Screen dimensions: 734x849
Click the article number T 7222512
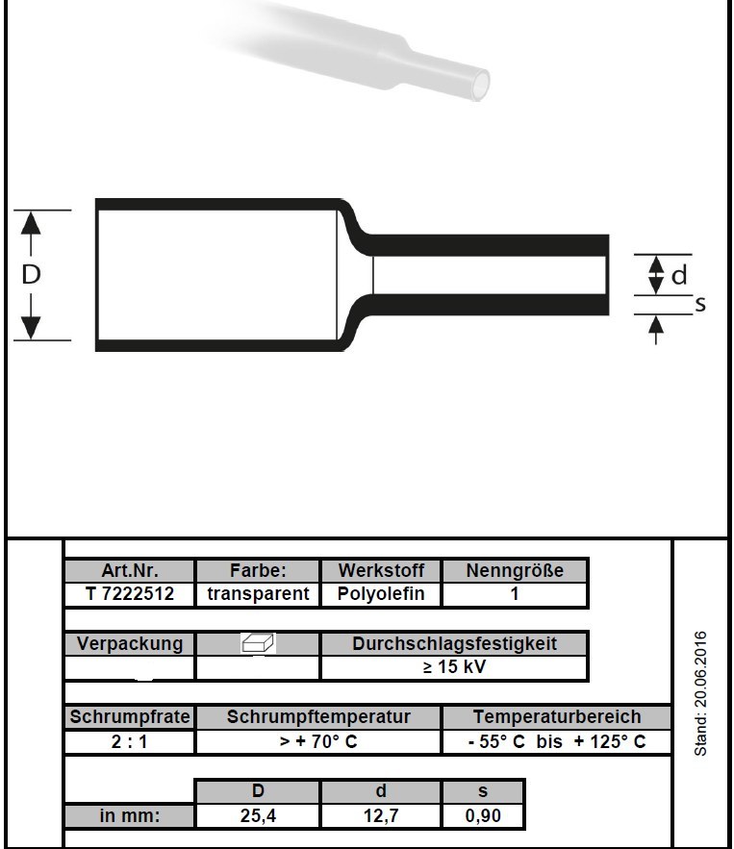(130, 594)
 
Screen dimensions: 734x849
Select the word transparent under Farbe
(258, 594)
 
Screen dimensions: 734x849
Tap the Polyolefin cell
(381, 594)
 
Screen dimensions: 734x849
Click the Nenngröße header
(515, 570)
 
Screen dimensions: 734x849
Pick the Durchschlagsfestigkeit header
(454, 644)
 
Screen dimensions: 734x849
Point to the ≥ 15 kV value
(454, 667)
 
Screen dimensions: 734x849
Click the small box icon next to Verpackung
(257, 643)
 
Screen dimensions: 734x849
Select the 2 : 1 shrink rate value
(129, 741)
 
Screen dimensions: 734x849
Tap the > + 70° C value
(318, 741)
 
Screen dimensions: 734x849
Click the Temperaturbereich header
(557, 717)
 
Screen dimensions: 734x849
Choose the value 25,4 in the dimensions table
(258, 815)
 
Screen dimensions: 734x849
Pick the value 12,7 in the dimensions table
(381, 815)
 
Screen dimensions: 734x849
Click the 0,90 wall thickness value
(483, 815)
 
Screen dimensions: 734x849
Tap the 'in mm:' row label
(130, 815)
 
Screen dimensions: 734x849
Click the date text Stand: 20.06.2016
(701, 693)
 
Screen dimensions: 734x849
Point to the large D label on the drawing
(31, 275)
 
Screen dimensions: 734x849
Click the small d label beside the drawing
(679, 275)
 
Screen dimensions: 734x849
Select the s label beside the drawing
(700, 304)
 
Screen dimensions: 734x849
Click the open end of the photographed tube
(479, 85)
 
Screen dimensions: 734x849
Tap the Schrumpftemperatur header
(318, 717)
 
